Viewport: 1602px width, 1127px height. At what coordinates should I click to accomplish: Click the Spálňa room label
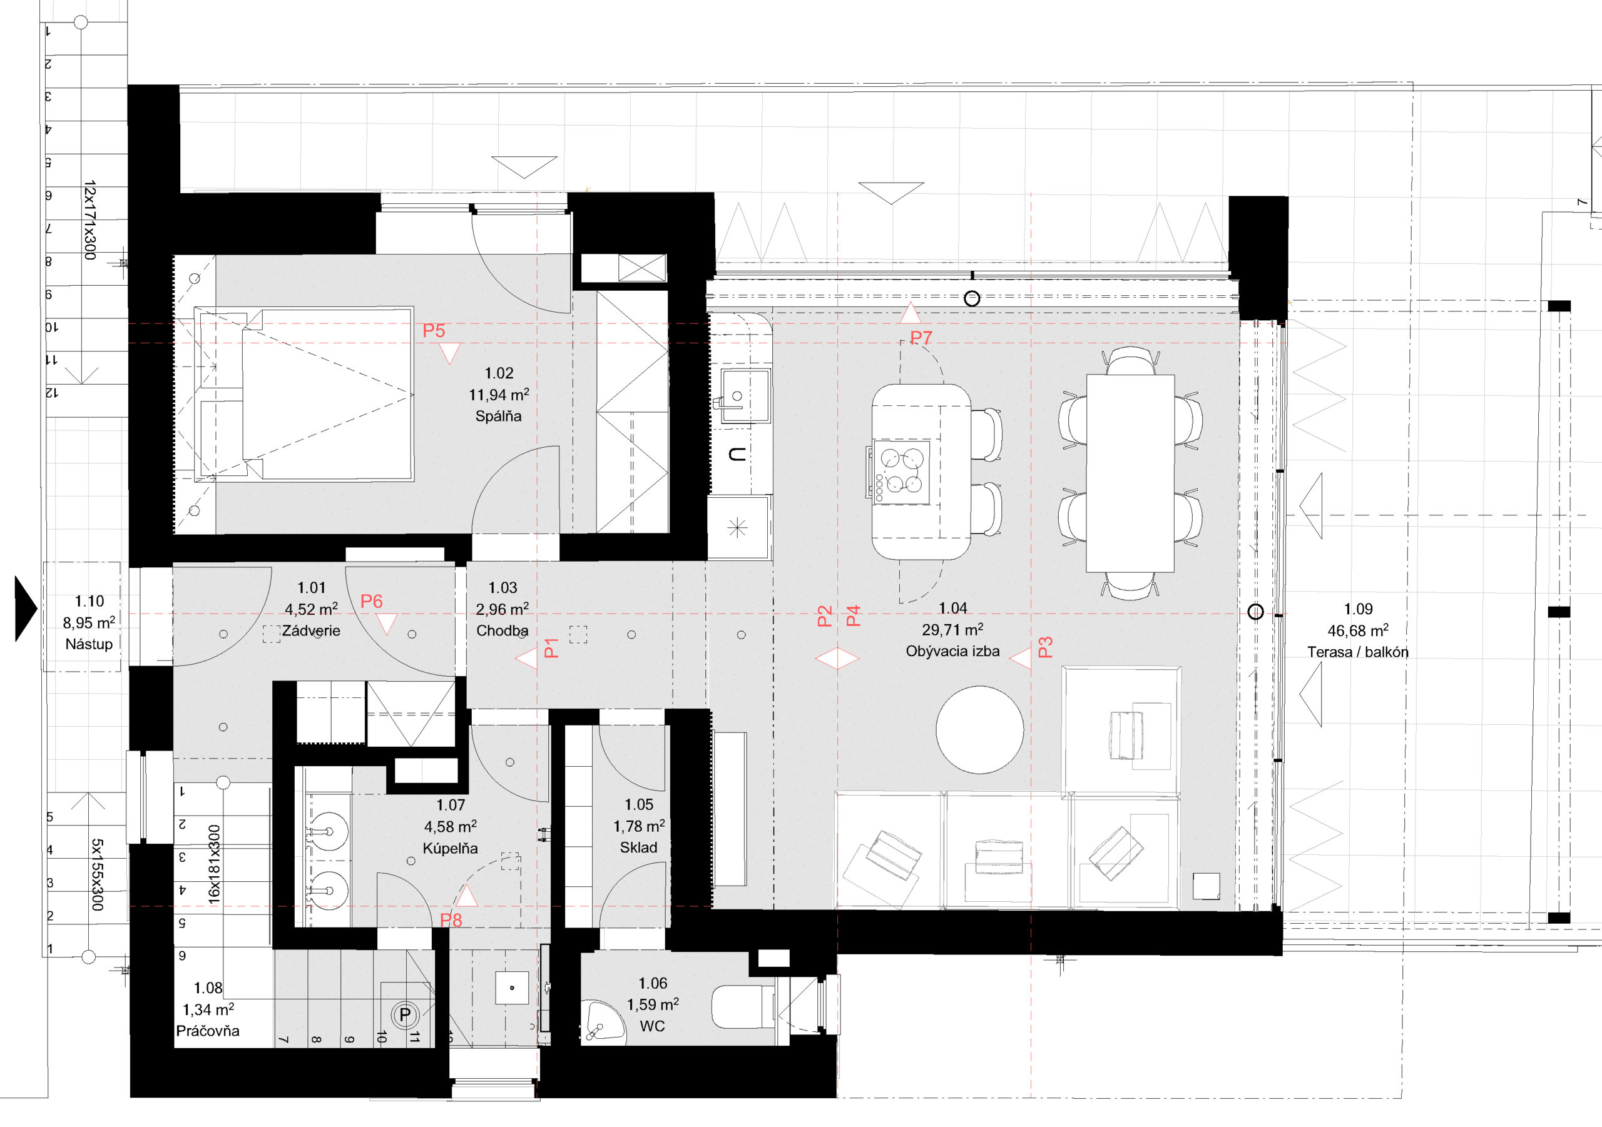tap(498, 417)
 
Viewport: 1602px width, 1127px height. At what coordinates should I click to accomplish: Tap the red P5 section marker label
tap(433, 331)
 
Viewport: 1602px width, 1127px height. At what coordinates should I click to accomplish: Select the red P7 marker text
tap(921, 338)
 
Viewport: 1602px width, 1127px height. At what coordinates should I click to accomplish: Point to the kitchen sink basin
tap(746, 395)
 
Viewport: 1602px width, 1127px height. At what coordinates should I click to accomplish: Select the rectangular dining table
tap(1130, 473)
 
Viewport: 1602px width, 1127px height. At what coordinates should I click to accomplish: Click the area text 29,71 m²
tap(952, 629)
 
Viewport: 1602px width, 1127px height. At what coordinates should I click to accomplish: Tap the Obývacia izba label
tap(952, 652)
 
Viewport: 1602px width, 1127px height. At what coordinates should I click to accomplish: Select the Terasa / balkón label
tap(1358, 652)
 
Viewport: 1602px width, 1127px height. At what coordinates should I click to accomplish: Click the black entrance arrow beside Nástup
tap(26, 608)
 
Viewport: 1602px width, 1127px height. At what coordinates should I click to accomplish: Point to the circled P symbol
tap(405, 1014)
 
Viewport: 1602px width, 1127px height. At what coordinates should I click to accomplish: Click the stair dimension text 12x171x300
tap(90, 220)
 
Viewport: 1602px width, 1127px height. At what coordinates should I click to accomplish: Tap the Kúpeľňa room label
tap(450, 849)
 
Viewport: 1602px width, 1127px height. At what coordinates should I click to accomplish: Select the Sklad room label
tap(638, 847)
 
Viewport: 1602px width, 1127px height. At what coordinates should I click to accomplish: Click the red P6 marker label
tap(371, 601)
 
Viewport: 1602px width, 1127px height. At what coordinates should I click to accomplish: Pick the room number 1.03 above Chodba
tap(503, 588)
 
